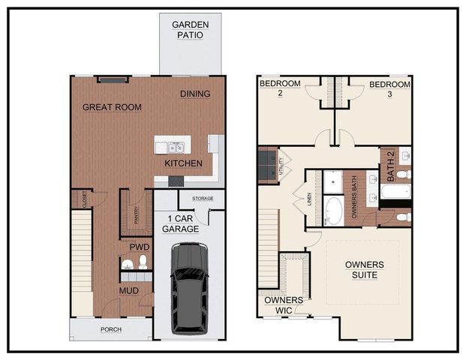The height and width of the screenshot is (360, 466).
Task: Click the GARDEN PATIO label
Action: (191, 29)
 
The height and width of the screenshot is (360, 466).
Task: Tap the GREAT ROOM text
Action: (112, 107)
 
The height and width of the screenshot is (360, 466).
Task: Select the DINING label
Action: (195, 94)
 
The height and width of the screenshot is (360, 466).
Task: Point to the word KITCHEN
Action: (183, 163)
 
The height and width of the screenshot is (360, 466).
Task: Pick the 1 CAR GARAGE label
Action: (183, 223)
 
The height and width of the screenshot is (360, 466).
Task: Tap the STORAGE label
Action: (203, 199)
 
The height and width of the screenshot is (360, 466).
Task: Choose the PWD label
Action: (139, 247)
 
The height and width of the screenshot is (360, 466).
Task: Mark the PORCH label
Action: (111, 329)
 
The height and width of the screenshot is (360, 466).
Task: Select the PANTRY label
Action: (136, 216)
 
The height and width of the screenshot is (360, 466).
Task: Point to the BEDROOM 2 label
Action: (280, 89)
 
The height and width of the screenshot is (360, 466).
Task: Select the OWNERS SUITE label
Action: (364, 271)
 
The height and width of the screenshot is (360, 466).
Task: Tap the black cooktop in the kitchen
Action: (176, 181)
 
